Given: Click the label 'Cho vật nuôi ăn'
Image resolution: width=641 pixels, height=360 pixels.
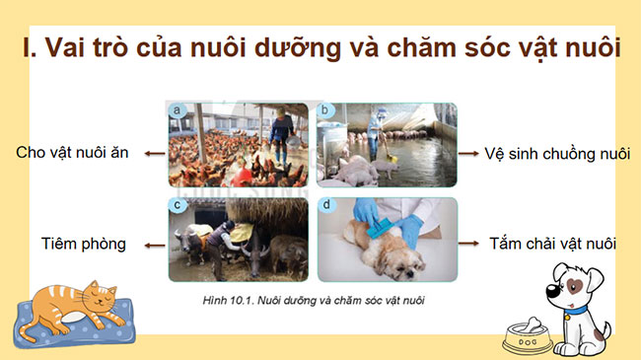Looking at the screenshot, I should point(72,153).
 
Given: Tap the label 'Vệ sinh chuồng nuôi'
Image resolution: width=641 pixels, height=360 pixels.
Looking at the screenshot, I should point(558,154).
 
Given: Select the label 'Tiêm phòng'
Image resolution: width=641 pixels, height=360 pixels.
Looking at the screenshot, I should point(83,244).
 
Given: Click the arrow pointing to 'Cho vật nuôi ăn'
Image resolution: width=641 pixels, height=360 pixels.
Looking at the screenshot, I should point(152,153).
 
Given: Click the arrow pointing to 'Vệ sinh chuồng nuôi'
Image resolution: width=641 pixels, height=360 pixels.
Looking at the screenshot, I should point(471,154).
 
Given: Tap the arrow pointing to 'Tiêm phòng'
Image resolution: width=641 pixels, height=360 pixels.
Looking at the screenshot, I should point(150,243).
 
